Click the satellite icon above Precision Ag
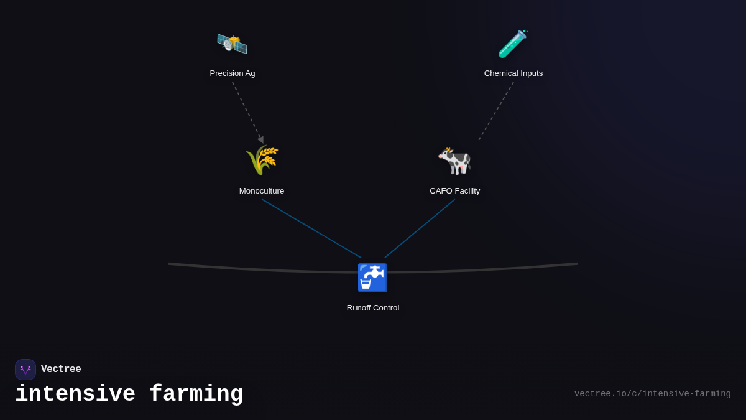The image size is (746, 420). pos(232,44)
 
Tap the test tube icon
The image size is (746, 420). pos(512,44)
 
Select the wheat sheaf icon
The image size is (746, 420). pos(262,160)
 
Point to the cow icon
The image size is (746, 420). pos(454,161)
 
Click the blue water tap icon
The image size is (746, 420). pos(372,278)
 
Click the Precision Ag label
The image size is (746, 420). pos(233,73)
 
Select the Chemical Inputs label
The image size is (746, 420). pos(513,73)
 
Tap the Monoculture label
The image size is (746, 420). pos(262,191)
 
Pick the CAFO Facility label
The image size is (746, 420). pos(455,191)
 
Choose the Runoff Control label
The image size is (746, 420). pos(373,308)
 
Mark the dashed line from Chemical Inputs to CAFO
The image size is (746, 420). pos(496,111)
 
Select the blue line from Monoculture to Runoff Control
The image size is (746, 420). pos(311,228)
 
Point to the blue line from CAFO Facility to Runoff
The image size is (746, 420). pos(420,228)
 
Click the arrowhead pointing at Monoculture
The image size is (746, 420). pos(261,140)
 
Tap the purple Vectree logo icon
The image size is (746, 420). pos(25,370)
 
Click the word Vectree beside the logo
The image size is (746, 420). pos(61,370)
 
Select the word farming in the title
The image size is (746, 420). pos(196,394)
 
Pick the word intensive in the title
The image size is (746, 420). pos(75,394)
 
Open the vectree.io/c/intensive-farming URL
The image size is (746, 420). pos(652,394)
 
